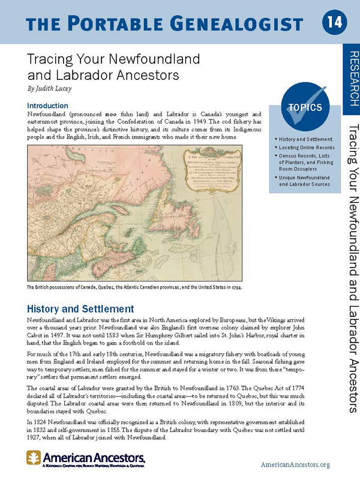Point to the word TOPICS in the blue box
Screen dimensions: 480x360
[305, 109]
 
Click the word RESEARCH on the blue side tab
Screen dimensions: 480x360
[353, 79]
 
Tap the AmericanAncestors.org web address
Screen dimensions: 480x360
[296, 464]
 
